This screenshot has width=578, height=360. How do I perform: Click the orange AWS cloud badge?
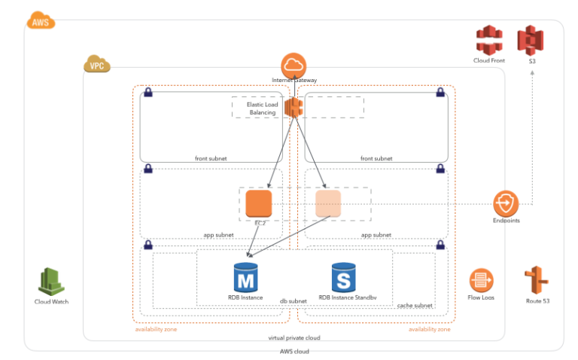40,22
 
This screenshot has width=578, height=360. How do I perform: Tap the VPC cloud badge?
96,66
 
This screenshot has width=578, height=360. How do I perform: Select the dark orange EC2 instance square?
258,203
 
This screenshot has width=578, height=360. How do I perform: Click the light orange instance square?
328,203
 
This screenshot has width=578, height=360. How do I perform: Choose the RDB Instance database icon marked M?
245,277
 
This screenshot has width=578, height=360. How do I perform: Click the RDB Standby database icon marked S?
343,277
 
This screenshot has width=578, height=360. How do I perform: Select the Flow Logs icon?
481,281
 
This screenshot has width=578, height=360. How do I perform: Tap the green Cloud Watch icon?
53,282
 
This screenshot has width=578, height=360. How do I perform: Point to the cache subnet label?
414,305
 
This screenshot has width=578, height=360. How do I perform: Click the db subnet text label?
294,301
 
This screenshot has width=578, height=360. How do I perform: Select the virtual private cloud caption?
294,338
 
